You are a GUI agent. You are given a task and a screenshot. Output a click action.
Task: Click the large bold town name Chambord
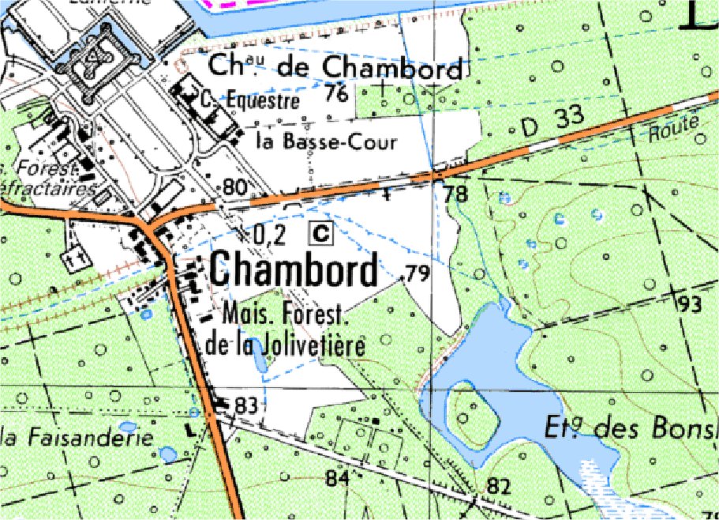pyautogui.click(x=294, y=272)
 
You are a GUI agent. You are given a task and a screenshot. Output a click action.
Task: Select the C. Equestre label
pyautogui.click(x=249, y=101)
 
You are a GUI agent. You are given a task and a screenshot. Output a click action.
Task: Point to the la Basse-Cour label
pyautogui.click(x=326, y=142)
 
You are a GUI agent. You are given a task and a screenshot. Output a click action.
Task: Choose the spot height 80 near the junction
pyautogui.click(x=235, y=188)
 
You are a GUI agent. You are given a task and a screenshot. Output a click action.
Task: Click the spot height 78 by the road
pyautogui.click(x=455, y=194)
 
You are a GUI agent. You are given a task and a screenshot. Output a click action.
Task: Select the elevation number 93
pyautogui.click(x=688, y=303)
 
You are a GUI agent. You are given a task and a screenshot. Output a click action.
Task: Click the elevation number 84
pyautogui.click(x=337, y=478)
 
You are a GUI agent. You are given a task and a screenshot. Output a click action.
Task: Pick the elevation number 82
pyautogui.click(x=498, y=486)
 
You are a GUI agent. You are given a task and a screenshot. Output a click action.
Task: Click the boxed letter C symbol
pyautogui.click(x=321, y=232)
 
